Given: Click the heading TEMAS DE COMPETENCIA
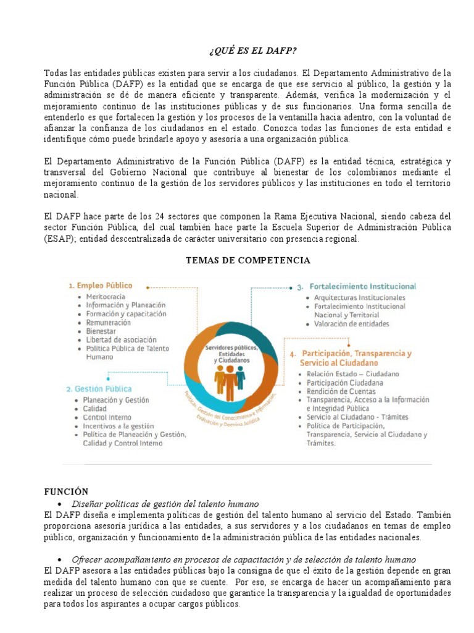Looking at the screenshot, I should (x=248, y=260).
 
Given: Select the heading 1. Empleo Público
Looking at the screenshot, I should (x=100, y=286).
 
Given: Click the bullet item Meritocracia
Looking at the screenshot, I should (x=107, y=297).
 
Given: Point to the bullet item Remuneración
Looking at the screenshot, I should (x=109, y=323).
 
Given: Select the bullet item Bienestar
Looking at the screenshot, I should (x=101, y=331).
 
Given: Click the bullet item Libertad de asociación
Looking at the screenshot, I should (x=120, y=340).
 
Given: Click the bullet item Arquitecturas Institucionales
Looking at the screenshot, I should (x=360, y=298).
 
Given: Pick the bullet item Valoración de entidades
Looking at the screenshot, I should (x=352, y=323).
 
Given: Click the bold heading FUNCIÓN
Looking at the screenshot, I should (x=66, y=491).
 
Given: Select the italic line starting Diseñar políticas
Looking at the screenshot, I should (x=165, y=504).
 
